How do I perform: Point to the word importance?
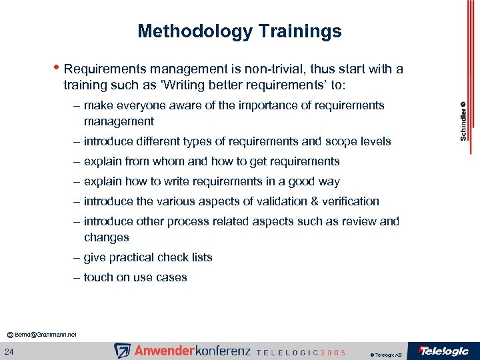coord(260,105)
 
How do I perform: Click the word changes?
coord(107,237)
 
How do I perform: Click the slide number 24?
coord(10,351)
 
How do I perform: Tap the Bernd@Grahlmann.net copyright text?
coord(43,333)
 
